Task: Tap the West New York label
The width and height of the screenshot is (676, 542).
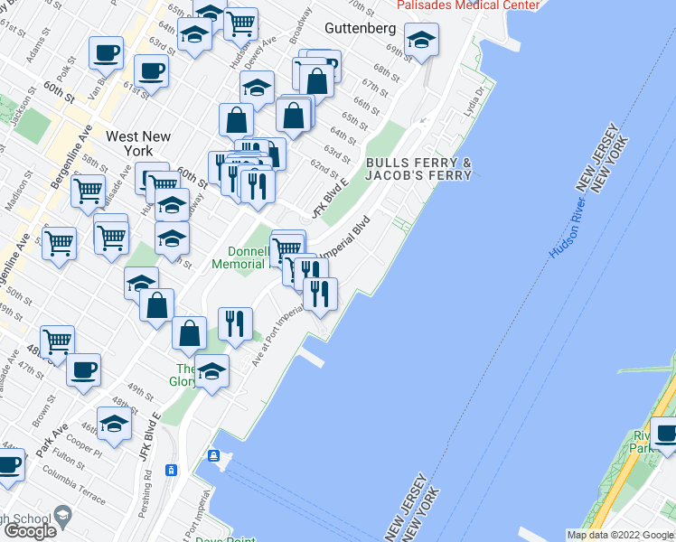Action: click(138, 144)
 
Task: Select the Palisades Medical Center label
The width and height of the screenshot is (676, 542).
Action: click(468, 5)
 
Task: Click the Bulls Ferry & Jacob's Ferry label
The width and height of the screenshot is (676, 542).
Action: click(418, 169)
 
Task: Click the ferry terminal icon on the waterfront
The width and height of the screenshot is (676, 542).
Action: click(215, 456)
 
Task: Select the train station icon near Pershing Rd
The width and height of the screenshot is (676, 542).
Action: click(170, 471)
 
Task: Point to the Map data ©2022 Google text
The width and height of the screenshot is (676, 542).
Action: click(619, 535)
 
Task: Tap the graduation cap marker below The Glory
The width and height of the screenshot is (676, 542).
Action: click(212, 371)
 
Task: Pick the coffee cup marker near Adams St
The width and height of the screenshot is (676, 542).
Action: click(106, 51)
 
